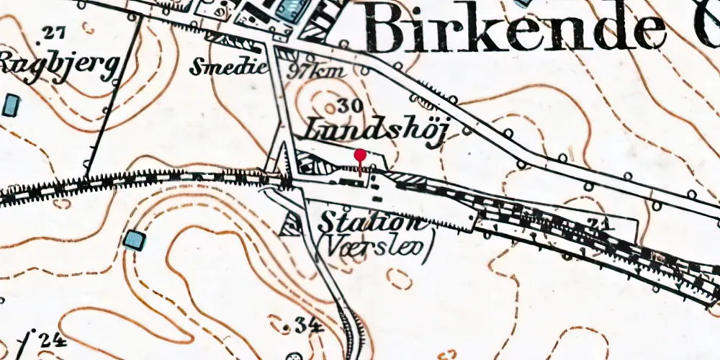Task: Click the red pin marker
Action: (359, 156)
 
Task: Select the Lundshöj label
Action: (372, 131)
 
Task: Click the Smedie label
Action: (228, 68)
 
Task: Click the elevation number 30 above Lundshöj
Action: (348, 105)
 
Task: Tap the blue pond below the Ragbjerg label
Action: (11, 106)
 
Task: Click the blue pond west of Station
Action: (134, 240)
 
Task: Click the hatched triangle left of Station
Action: (291, 226)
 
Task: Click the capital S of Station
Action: (330, 220)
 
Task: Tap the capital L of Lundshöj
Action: (315, 130)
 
